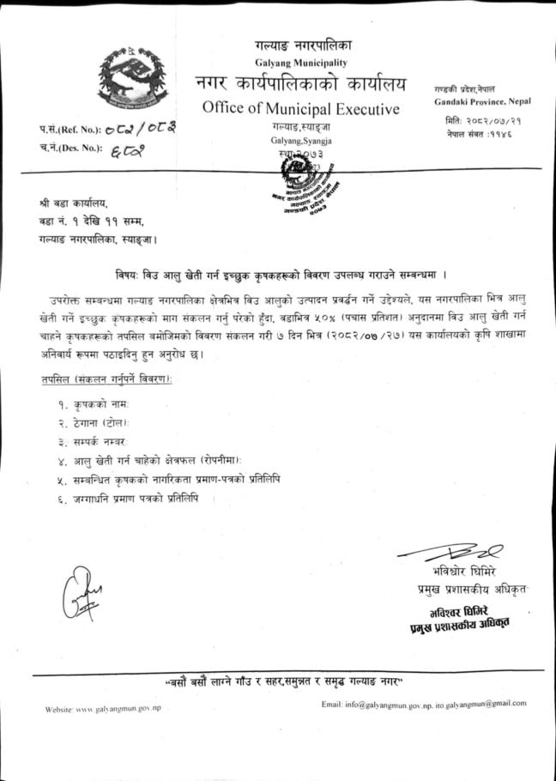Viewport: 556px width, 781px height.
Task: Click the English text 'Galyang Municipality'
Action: tap(301, 64)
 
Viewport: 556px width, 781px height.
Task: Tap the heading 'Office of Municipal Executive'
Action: tap(301, 109)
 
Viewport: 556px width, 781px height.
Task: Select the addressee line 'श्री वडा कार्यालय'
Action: tap(80, 203)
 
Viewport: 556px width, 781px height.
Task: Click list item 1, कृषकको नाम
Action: tap(94, 403)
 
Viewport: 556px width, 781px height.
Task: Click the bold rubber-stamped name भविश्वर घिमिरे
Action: tap(452, 611)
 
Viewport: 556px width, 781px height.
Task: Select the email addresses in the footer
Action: tap(423, 704)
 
